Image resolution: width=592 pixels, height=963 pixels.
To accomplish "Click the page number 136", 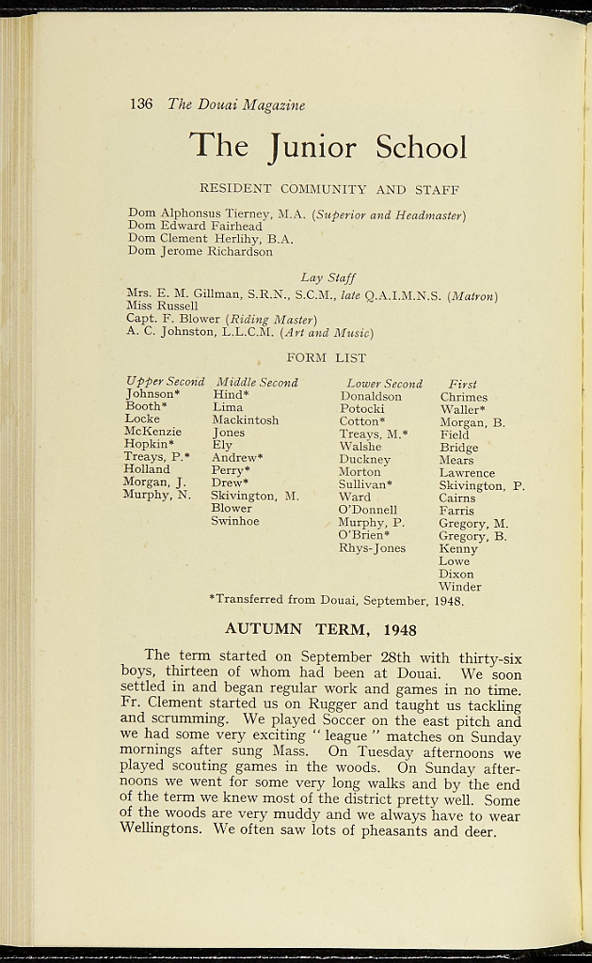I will pyautogui.click(x=141, y=104).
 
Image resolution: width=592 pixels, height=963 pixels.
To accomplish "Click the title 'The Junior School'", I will pyautogui.click(x=328, y=147).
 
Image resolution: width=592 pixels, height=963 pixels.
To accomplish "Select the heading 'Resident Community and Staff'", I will pyautogui.click(x=328, y=190).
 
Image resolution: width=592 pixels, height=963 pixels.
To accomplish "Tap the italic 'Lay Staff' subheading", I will pyautogui.click(x=328, y=277).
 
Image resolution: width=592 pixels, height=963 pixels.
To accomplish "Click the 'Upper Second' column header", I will pyautogui.click(x=165, y=382).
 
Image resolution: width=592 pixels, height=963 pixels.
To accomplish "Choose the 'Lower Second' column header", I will pyautogui.click(x=384, y=384).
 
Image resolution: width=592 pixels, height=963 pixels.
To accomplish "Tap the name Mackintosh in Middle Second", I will pyautogui.click(x=245, y=420).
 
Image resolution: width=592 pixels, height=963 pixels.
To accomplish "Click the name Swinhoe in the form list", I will pyautogui.click(x=234, y=521).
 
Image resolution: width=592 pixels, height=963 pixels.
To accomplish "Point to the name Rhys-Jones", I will pyautogui.click(x=372, y=547).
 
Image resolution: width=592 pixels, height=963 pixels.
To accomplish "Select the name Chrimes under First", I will pyautogui.click(x=464, y=397).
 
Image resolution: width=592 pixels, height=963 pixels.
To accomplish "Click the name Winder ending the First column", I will pyautogui.click(x=459, y=587).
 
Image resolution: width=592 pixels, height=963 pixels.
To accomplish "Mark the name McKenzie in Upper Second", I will pyautogui.click(x=152, y=431).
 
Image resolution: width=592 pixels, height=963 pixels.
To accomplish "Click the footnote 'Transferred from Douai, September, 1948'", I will pyautogui.click(x=336, y=599).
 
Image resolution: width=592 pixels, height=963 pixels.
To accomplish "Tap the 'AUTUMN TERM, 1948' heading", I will pyautogui.click(x=320, y=629).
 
